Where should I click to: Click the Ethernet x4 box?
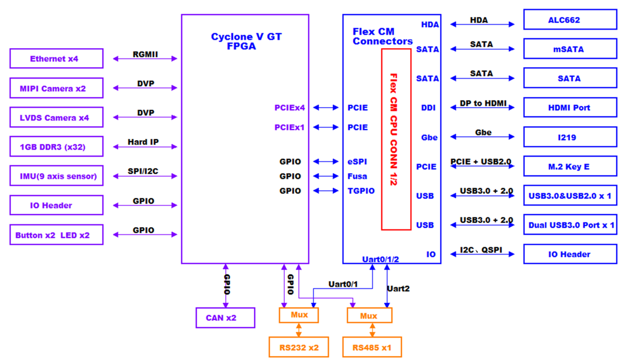pyautogui.click(x=56, y=58)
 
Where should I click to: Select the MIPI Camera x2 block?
pyautogui.click(x=56, y=88)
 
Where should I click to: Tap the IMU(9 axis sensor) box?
pyautogui.click(x=56, y=176)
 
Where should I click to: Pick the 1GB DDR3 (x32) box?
pyautogui.click(x=56, y=146)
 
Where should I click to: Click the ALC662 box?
pyautogui.click(x=570, y=20)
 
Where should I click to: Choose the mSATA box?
pyautogui.click(x=570, y=49)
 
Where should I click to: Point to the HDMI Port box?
pyautogui.click(x=570, y=108)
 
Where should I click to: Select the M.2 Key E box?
pyautogui.click(x=570, y=167)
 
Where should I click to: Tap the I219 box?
pyautogui.click(x=570, y=137)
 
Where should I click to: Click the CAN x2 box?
pyautogui.click(x=225, y=318)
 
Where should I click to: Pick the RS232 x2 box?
pyautogui.click(x=299, y=347)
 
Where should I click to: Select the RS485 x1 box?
pyautogui.click(x=372, y=347)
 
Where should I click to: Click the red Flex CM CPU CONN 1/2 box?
pyautogui.click(x=396, y=139)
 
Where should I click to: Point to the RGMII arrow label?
pyautogui.click(x=145, y=54)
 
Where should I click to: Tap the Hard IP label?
pyautogui.click(x=143, y=142)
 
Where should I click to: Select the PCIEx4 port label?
pyautogui.click(x=289, y=108)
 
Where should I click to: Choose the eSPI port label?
pyautogui.click(x=358, y=162)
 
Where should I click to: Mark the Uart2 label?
pyautogui.click(x=398, y=288)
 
